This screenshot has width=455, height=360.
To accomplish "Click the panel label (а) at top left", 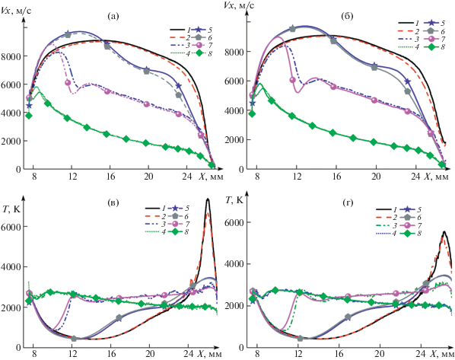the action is click(113, 16).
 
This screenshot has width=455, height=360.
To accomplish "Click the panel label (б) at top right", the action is click(348, 16).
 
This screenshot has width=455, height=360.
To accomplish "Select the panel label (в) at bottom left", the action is click(113, 203).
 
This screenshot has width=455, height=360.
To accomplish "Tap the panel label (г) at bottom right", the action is click(348, 203).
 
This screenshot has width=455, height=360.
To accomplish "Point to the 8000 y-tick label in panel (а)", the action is click(11, 56).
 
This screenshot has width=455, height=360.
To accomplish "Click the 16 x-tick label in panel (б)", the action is click(336, 176).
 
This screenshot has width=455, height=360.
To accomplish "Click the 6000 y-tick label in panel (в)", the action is click(11, 227).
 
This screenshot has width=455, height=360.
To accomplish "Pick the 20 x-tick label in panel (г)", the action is click(379, 354).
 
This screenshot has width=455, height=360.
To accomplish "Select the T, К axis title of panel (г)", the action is click(234, 199).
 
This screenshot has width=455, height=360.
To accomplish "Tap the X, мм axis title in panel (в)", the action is click(210, 354).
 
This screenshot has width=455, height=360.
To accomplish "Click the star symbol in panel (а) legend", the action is click(199, 30).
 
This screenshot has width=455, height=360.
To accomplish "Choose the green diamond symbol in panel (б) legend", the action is click(431, 46).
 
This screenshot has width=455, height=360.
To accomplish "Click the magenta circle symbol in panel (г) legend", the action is click(409, 225).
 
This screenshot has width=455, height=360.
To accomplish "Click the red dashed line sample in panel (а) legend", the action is click(177, 37).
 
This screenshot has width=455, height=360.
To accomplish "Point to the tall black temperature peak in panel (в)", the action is click(208, 199).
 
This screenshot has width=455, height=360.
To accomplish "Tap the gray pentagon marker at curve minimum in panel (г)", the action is click(301, 338).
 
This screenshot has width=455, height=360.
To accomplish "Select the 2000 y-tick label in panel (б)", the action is click(234, 140).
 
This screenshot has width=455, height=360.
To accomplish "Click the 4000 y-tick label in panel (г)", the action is click(234, 264).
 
